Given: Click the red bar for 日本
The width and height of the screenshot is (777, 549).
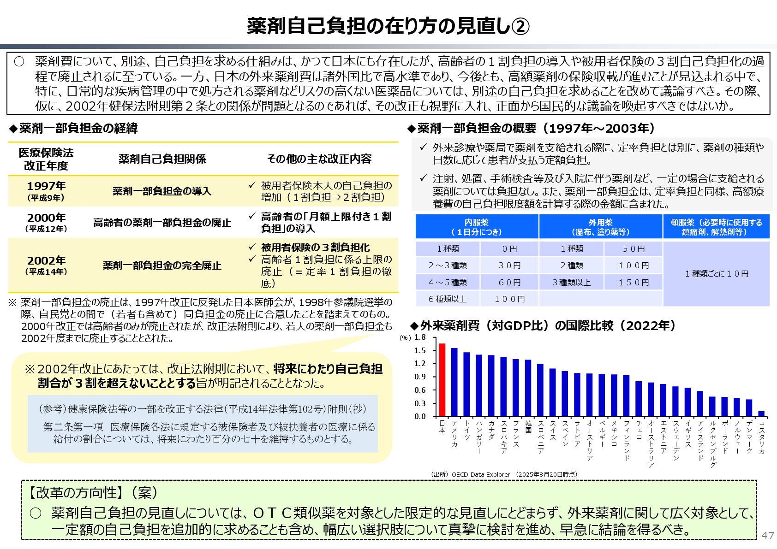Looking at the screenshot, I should [x=442, y=380].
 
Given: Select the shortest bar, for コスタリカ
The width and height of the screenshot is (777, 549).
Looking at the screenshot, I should [x=761, y=413].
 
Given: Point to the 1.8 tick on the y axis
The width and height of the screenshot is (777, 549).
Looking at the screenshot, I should [x=420, y=337].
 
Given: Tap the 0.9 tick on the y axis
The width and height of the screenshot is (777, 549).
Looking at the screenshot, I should [x=420, y=377].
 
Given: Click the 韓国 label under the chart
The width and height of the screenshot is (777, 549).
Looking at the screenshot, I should [x=528, y=427].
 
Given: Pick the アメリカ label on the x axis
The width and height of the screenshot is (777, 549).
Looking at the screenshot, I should [x=454, y=433].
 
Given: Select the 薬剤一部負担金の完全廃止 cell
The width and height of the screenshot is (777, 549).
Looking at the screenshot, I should [x=162, y=266].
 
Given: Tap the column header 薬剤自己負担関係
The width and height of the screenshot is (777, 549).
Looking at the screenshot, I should [x=162, y=159].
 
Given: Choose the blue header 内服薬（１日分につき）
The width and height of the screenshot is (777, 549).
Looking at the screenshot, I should [x=477, y=227].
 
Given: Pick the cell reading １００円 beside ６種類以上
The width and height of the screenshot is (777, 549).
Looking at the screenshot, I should [x=509, y=299].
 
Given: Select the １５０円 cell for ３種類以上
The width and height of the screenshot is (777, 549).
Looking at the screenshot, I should [x=634, y=282].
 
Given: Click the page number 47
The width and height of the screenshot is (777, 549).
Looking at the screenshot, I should [x=767, y=535].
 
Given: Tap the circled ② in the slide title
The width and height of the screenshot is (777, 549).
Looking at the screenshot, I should [x=521, y=26].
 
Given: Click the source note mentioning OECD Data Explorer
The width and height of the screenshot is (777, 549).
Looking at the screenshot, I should [x=503, y=474].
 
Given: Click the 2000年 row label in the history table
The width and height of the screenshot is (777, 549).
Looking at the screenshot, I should [x=46, y=222].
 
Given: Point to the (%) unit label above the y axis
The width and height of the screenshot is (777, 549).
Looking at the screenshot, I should [x=405, y=338].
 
